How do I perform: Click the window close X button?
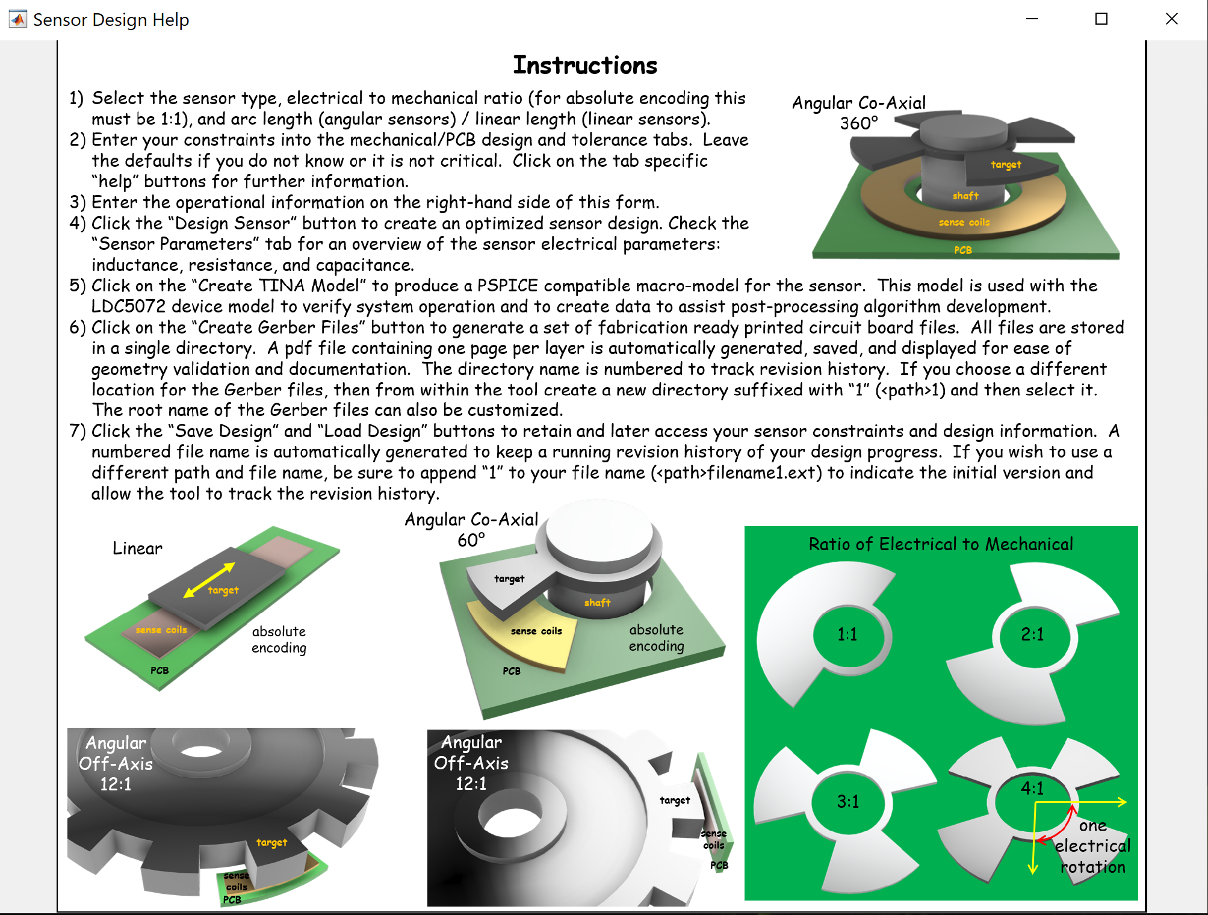tap(1171, 19)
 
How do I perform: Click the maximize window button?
tap(1101, 19)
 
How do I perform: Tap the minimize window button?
tap(1032, 19)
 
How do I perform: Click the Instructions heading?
tap(584, 65)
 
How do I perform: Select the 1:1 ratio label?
tap(847, 634)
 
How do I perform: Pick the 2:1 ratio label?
tap(1032, 634)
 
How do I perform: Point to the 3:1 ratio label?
tap(847, 802)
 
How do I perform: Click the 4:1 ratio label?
tap(1032, 788)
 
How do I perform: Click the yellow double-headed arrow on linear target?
tap(209, 580)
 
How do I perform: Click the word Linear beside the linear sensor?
tap(137, 548)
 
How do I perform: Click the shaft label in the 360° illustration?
tap(965, 196)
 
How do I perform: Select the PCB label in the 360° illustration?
tap(962, 250)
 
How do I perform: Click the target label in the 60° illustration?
tap(509, 578)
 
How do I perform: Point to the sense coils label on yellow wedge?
tap(536, 631)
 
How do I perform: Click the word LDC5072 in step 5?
tap(128, 306)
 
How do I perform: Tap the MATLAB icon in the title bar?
tap(18, 19)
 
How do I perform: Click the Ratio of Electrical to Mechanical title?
tap(940, 544)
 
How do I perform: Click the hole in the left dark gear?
tap(202, 751)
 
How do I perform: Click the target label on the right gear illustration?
tap(674, 800)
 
